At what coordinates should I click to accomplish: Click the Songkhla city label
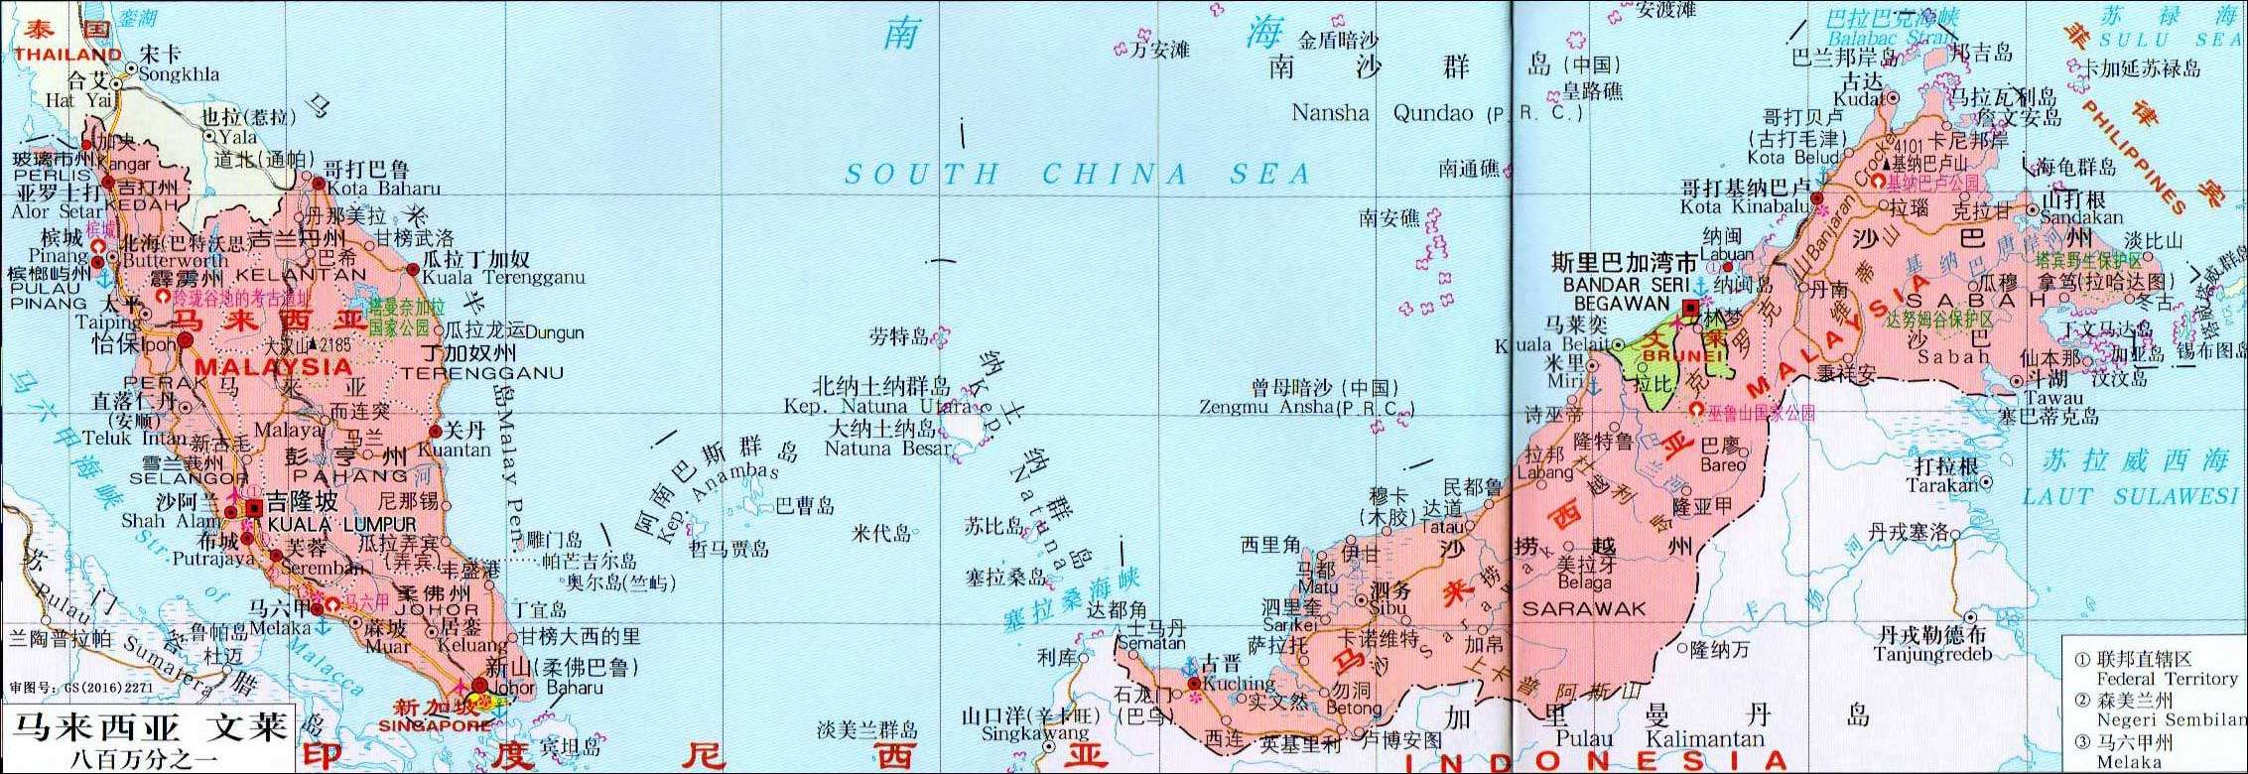click(x=180, y=74)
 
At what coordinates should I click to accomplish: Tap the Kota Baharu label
click(x=382, y=188)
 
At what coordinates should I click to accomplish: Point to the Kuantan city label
click(x=455, y=450)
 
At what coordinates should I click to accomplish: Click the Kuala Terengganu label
click(x=504, y=278)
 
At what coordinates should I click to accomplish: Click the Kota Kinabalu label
click(x=1745, y=206)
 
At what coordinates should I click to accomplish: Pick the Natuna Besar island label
click(x=887, y=449)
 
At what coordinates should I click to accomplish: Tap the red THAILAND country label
click(x=68, y=55)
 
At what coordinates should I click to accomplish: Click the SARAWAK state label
click(x=1584, y=608)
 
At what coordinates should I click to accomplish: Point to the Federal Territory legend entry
click(x=2167, y=679)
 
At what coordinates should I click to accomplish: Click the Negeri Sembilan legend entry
click(x=2171, y=720)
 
